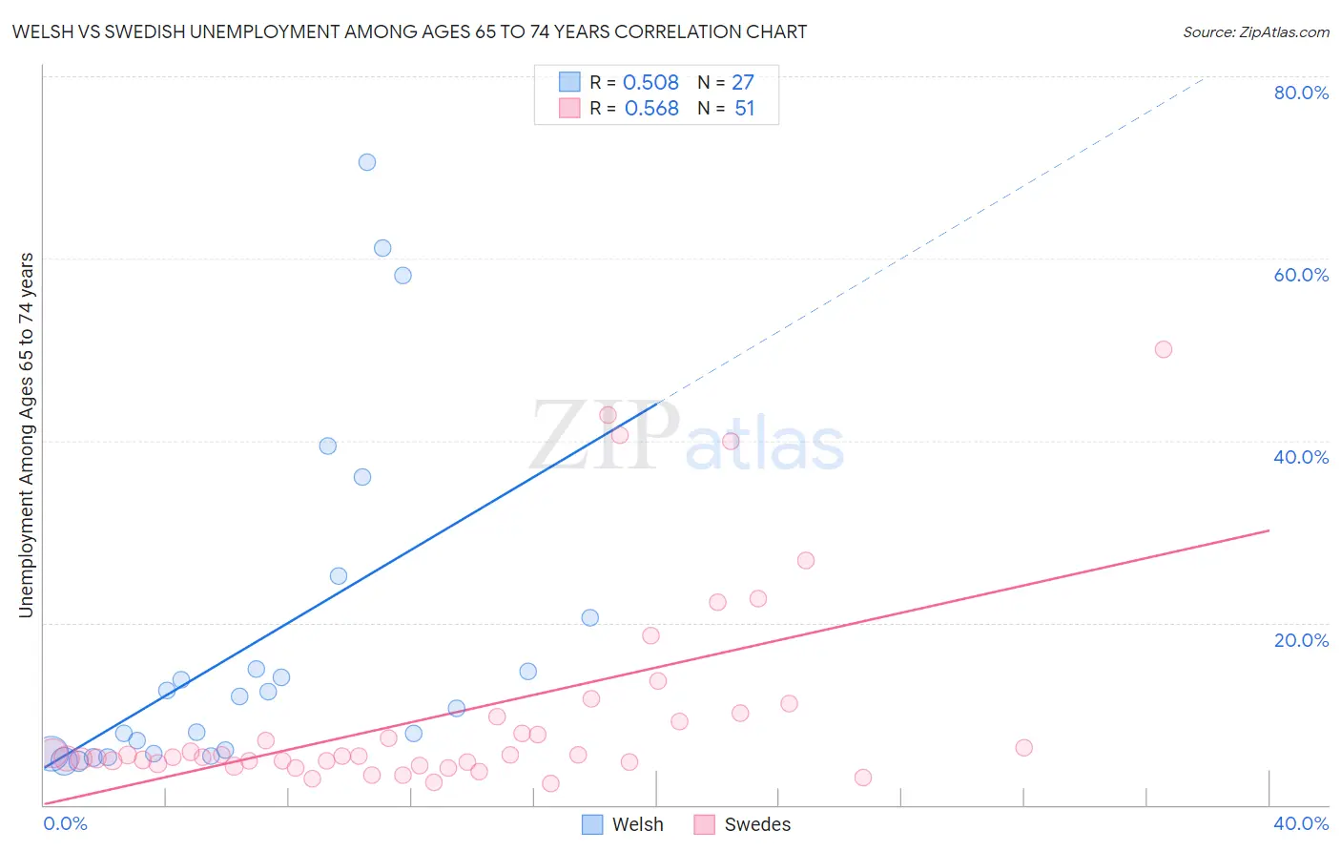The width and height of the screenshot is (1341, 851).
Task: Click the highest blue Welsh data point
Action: (367, 162)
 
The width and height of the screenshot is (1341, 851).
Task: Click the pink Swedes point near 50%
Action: (1163, 349)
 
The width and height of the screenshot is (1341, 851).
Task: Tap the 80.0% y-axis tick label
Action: (1301, 93)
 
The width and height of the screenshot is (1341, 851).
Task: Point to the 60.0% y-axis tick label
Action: (1301, 275)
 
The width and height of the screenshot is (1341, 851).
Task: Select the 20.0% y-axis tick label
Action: (1301, 640)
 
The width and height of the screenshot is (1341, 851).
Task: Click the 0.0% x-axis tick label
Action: (65, 823)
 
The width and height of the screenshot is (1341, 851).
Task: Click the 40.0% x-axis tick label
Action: (1301, 823)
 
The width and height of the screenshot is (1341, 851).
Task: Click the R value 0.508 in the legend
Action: (650, 83)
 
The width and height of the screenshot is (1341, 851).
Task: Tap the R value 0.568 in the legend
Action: (651, 109)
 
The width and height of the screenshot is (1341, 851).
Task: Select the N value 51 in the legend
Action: (744, 109)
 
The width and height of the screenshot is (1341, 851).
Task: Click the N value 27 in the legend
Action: (743, 83)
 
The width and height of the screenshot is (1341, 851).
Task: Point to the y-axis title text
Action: (26, 435)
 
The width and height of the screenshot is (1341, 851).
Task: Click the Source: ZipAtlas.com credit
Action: (1255, 32)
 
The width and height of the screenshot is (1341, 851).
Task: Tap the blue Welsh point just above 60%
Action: (382, 248)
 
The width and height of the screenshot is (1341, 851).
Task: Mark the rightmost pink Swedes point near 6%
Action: (1023, 748)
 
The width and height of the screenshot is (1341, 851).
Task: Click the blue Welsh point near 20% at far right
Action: (590, 617)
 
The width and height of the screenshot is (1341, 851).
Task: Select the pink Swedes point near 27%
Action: (806, 560)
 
